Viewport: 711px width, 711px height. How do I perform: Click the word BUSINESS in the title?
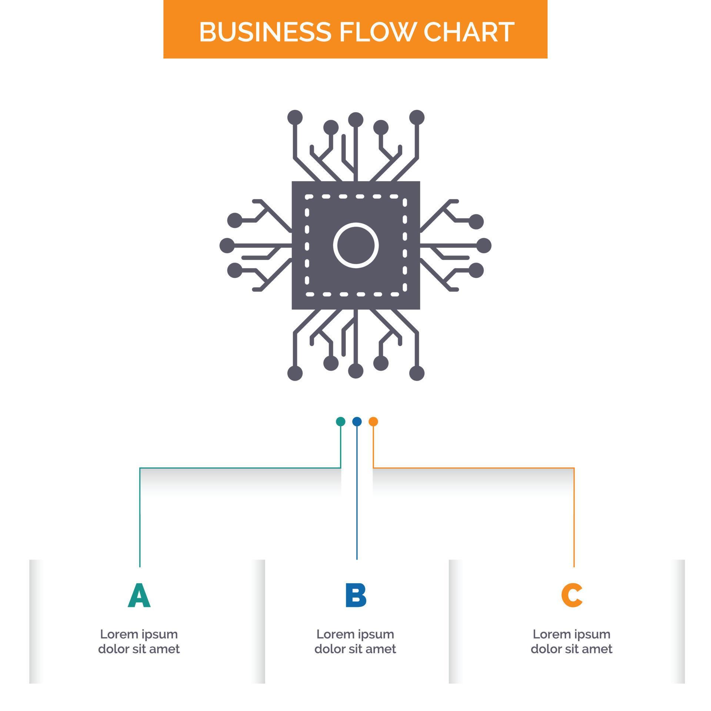click(x=265, y=32)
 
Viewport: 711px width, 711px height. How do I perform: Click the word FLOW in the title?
click(x=378, y=32)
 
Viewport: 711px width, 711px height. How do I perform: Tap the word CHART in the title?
click(x=469, y=32)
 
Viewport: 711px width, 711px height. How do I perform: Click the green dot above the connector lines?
click(x=340, y=421)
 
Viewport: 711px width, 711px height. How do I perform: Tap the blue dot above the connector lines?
click(x=357, y=421)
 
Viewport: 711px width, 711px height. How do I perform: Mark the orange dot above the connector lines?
click(x=373, y=421)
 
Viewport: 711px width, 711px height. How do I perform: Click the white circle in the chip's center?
click(x=356, y=245)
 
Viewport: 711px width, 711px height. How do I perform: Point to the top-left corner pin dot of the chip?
click(x=295, y=117)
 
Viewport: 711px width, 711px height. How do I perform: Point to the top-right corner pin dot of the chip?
click(x=417, y=117)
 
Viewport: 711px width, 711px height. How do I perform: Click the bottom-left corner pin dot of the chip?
click(x=295, y=373)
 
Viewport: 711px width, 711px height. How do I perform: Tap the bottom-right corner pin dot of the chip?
click(x=417, y=373)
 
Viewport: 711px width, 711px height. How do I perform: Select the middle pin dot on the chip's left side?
click(x=227, y=245)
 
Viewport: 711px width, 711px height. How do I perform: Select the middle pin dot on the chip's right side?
click(x=484, y=245)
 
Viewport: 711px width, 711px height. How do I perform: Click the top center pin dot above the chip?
click(x=355, y=120)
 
